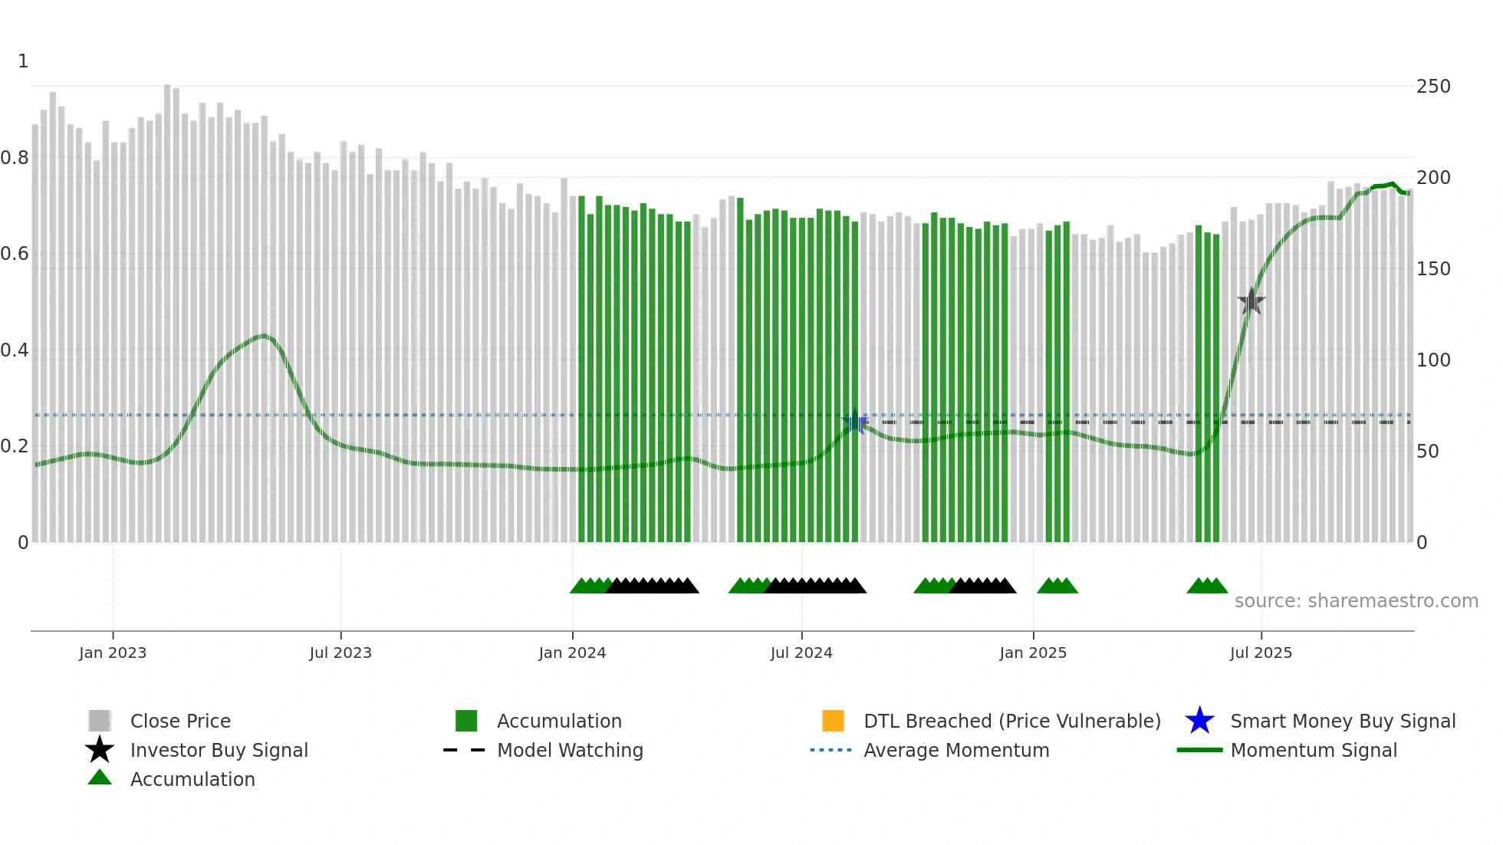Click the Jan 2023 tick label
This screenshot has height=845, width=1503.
113,653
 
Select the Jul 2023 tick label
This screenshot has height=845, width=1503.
340,653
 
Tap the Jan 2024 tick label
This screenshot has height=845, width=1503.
572,653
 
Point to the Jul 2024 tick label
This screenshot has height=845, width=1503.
801,653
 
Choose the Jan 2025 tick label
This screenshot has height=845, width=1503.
1033,653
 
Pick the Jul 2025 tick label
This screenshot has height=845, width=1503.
1261,653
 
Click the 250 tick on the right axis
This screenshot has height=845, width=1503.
1433,87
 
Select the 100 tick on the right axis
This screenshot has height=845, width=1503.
1433,360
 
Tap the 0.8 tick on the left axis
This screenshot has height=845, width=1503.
15,158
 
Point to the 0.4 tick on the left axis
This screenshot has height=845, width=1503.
15,350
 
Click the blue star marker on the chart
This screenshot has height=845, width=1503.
855,422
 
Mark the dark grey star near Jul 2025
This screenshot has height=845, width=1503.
1251,301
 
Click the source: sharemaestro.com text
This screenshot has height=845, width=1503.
1356,601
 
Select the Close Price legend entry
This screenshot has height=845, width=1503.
180,721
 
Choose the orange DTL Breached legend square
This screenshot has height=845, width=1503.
833,721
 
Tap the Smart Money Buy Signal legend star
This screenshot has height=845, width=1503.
1199,721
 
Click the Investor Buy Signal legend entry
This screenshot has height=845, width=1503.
219,750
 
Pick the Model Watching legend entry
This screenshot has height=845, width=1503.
570,750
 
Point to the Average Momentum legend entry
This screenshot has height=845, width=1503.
956,750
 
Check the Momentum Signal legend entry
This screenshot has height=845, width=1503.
1314,750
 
